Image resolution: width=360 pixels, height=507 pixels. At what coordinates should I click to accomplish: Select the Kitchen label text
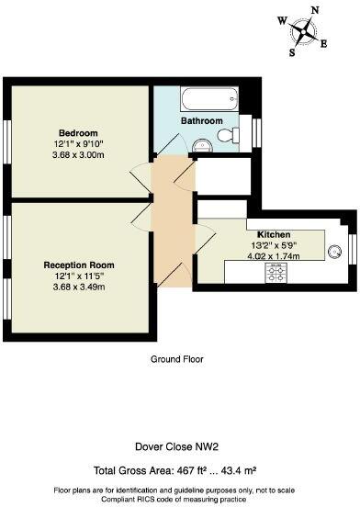pos(275,233)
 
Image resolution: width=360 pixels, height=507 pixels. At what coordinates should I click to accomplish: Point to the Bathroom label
pos(201,120)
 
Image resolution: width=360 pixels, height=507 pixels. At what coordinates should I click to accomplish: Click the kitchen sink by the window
pos(332,248)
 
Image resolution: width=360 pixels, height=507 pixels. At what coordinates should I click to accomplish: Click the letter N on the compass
pos(316,10)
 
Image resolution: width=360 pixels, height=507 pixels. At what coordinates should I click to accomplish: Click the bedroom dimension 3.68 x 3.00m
pos(78,156)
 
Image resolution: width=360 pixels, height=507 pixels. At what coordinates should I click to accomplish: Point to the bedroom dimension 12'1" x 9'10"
pos(78,144)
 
